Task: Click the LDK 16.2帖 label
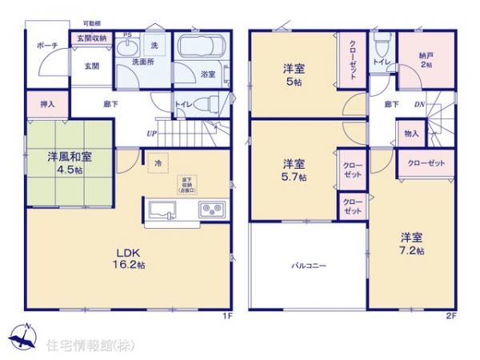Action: (128, 258)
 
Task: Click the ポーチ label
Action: (46, 46)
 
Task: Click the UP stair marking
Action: (150, 134)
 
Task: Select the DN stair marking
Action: (418, 104)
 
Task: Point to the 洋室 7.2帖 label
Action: (412, 242)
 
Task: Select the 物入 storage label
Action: (410, 134)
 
